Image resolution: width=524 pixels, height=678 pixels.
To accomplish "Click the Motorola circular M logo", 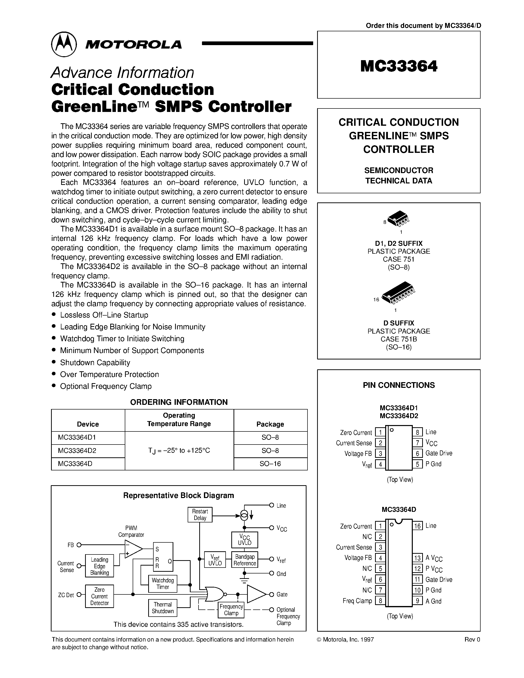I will point(64,44).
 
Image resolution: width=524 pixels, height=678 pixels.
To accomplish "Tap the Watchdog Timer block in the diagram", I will point(163,584).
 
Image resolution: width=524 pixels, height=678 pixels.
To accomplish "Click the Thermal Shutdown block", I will point(163,608).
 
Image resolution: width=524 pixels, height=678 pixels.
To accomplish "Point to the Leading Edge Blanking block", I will point(99,566).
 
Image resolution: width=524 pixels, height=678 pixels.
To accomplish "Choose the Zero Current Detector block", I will point(99,596).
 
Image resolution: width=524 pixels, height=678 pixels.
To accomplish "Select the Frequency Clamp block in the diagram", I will point(231,610).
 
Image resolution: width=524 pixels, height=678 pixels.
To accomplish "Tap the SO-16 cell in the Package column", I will point(270,464).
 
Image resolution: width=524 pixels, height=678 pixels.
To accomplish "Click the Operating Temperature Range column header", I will point(179,420).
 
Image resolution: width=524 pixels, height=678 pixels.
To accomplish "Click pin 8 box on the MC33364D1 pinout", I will point(417,432).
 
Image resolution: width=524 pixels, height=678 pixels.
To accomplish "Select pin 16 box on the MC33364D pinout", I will point(417,526).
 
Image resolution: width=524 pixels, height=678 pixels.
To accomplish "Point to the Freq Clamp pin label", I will point(357,601).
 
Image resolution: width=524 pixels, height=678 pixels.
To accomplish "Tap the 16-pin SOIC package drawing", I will point(398,292).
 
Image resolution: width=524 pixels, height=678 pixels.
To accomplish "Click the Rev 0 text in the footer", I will point(472,639).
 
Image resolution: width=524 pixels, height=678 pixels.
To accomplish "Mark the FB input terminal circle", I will point(79,545).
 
